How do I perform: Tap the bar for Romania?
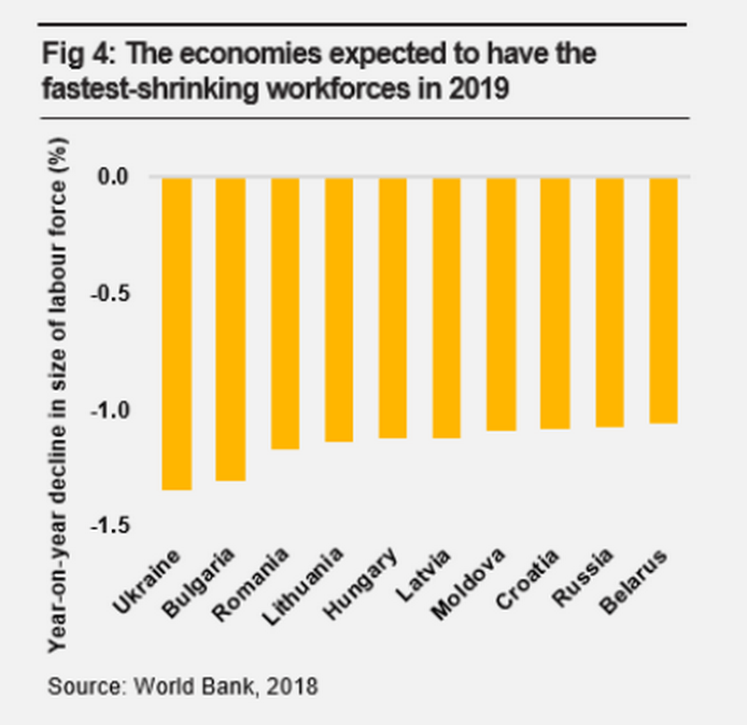[x=285, y=313]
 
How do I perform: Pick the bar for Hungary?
[x=393, y=307]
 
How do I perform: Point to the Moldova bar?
[x=501, y=303]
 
